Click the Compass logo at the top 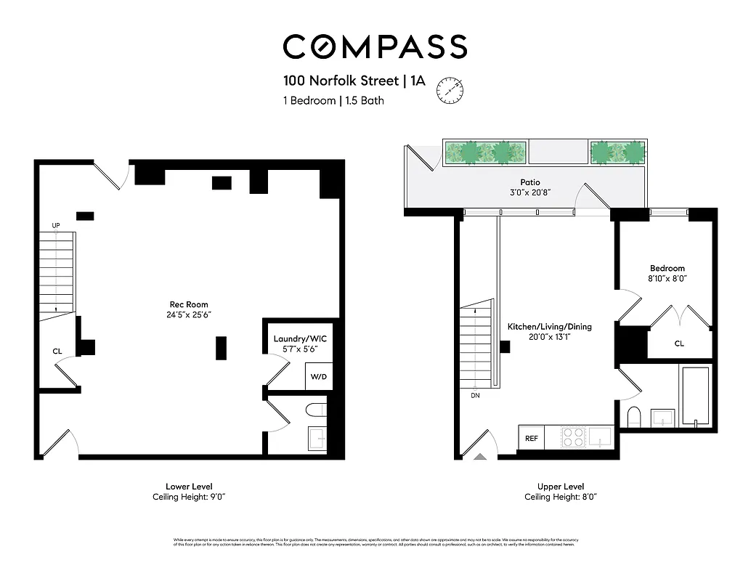pos(375,46)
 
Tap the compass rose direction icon pos(450,91)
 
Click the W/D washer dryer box pos(318,377)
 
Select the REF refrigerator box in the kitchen pos(532,438)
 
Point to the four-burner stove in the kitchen pos(573,437)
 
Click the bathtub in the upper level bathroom pos(695,396)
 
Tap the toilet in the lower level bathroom pos(317,410)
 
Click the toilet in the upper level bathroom pos(633,417)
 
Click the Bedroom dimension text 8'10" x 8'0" pos(667,278)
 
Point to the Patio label pos(529,182)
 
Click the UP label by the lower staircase pos(56,226)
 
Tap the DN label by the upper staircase pos(475,396)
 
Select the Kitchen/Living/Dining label pos(549,327)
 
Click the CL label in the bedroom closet pos(679,344)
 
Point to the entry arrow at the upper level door pos(479,457)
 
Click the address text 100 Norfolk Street pos(341,81)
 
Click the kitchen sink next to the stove pos(600,437)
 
